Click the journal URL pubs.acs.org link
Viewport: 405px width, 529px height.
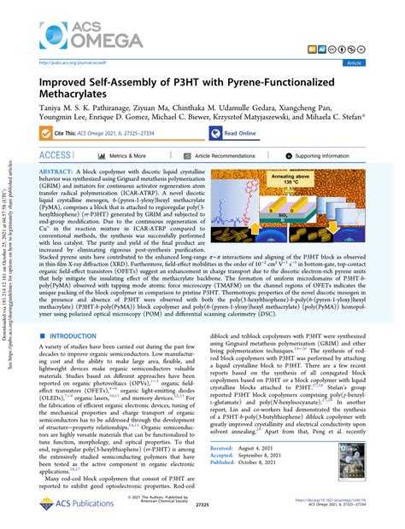[76, 64]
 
